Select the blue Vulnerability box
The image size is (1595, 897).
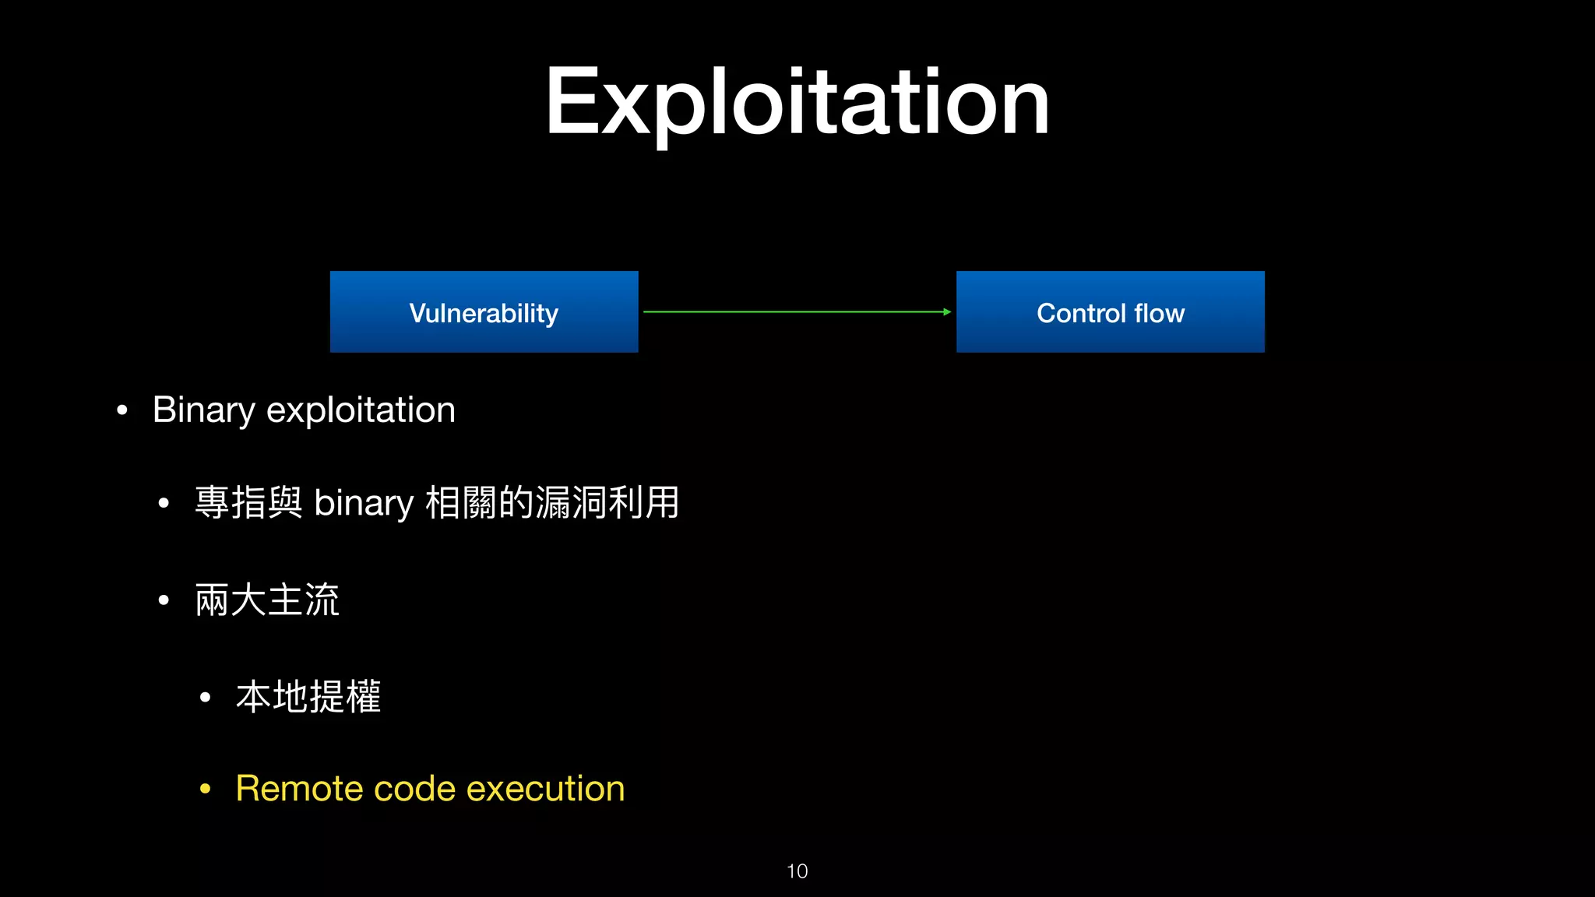click(484, 312)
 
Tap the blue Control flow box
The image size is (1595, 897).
click(1110, 312)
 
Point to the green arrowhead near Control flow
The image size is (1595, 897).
click(946, 312)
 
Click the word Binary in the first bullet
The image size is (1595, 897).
click(203, 410)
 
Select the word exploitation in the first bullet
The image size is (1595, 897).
click(361, 410)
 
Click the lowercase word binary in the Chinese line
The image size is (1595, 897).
click(364, 503)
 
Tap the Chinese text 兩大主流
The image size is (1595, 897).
click(267, 600)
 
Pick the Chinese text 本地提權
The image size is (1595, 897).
click(308, 696)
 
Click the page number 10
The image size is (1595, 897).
click(797, 871)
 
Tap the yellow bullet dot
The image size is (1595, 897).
click(205, 790)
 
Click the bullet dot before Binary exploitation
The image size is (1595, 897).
click(121, 410)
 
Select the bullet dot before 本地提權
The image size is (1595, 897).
click(205, 697)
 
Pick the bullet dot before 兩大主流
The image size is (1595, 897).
click(164, 600)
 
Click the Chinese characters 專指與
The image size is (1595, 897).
click(248, 503)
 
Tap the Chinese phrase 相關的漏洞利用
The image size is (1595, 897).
click(552, 503)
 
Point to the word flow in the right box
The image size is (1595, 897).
click(1159, 313)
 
